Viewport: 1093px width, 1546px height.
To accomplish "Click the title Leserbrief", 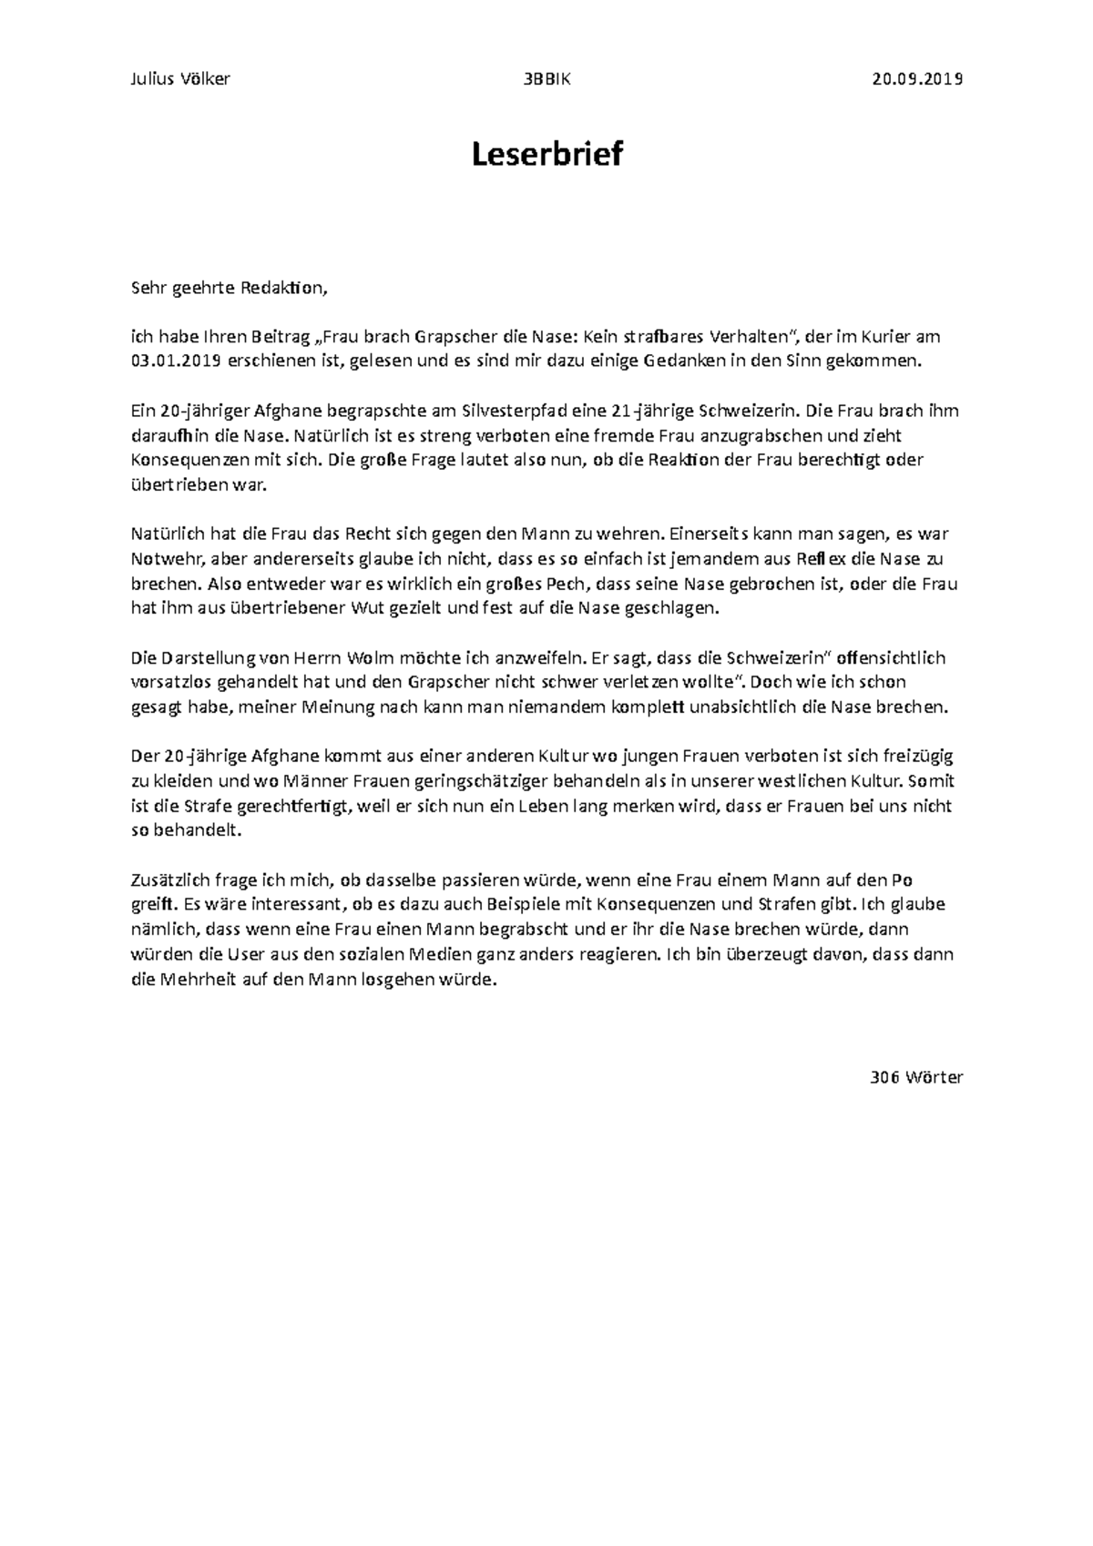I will coord(546,155).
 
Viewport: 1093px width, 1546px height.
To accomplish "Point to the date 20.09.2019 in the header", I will coord(917,79).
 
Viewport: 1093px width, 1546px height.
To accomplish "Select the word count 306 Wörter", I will coord(916,1077).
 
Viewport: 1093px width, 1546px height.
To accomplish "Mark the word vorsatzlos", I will coord(167,682).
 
